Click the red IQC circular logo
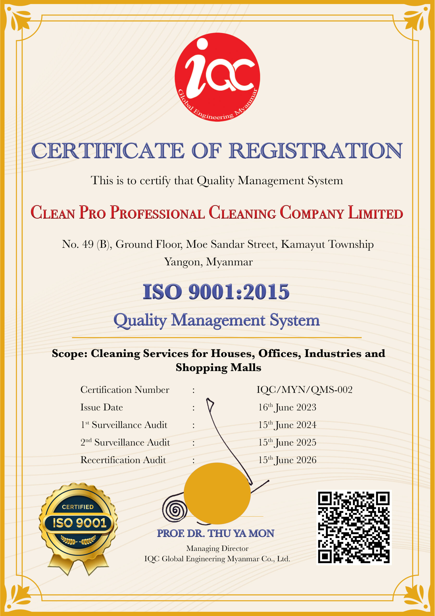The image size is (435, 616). pos(217,77)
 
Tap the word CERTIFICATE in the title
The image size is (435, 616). pos(108,151)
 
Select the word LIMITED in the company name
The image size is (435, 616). pos(375,213)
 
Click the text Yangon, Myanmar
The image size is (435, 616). pos(208,262)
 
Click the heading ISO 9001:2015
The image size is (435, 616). pos(216,292)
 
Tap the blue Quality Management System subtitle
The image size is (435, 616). pos(217,320)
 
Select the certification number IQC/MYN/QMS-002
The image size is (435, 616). pos(304,390)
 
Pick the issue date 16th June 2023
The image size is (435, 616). pos(287,407)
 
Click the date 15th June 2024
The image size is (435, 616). pos(287,425)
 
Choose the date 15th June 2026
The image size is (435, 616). pos(287,460)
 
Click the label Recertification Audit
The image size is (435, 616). pos(123,460)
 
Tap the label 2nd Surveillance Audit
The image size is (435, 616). pos(125,443)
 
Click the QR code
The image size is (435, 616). pos(354,527)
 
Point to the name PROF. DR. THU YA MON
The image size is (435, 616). pos(216,533)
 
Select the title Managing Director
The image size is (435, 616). pos(217,548)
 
